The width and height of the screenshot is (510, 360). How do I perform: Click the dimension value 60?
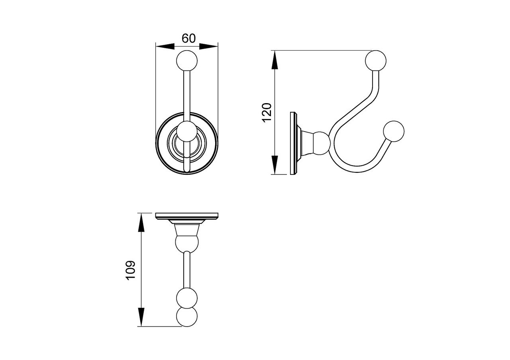[x=188, y=39]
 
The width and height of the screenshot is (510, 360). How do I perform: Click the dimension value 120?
[x=267, y=113]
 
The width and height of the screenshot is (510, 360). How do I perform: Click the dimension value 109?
[x=131, y=270]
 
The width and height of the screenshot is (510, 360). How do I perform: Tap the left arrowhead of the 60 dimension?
[x=165, y=47]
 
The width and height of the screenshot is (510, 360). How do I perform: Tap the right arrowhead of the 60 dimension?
[x=208, y=47]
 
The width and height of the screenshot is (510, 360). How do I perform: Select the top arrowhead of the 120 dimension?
[x=275, y=60]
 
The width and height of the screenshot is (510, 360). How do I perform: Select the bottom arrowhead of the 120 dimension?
[x=275, y=165]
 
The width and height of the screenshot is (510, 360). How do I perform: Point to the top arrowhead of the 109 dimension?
[x=141, y=223]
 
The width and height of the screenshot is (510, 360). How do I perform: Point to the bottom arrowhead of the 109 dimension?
[x=141, y=317]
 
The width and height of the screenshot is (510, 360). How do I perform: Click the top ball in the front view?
[x=187, y=61]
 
